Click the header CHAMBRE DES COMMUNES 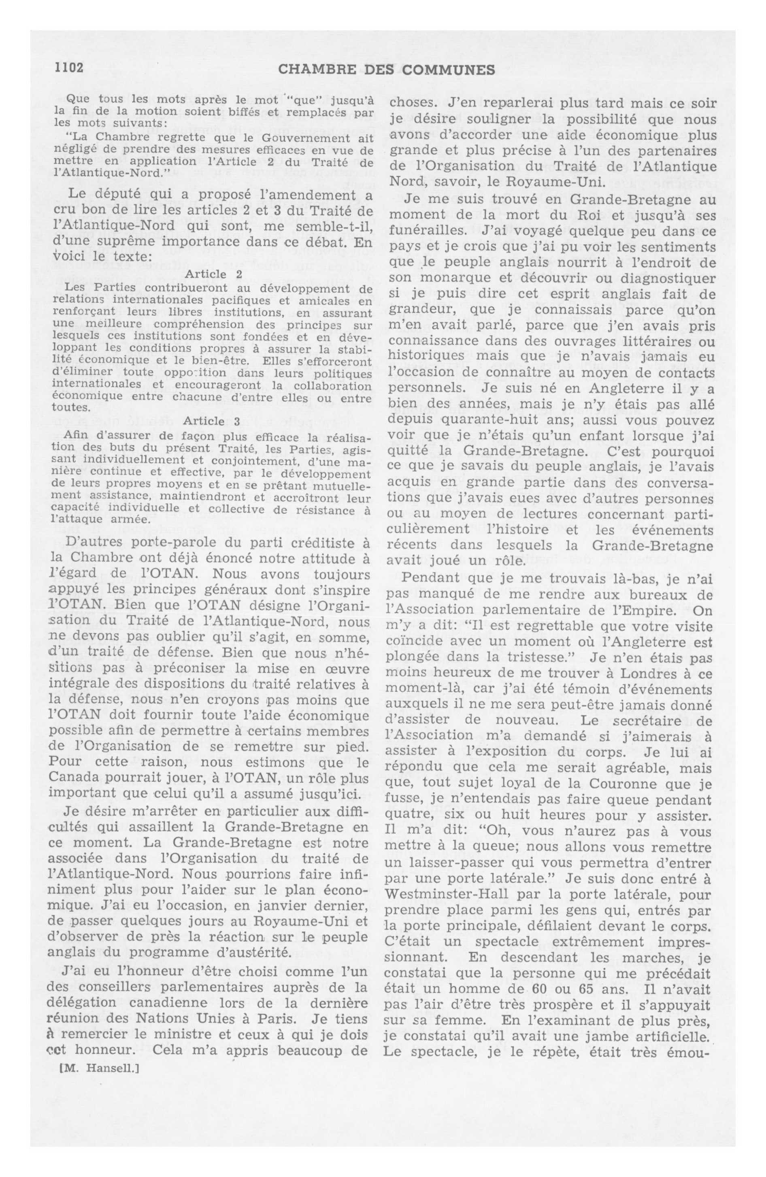pos(387,70)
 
